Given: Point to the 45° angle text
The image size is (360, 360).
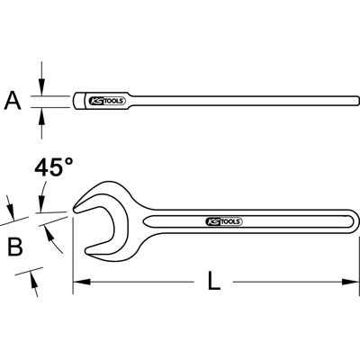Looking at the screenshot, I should [x=52, y=168].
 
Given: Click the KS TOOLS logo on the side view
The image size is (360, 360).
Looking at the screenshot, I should [x=106, y=101].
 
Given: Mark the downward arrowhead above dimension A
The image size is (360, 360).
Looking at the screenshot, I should [x=40, y=88].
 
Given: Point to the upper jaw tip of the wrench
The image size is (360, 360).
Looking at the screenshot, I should [x=75, y=210].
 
